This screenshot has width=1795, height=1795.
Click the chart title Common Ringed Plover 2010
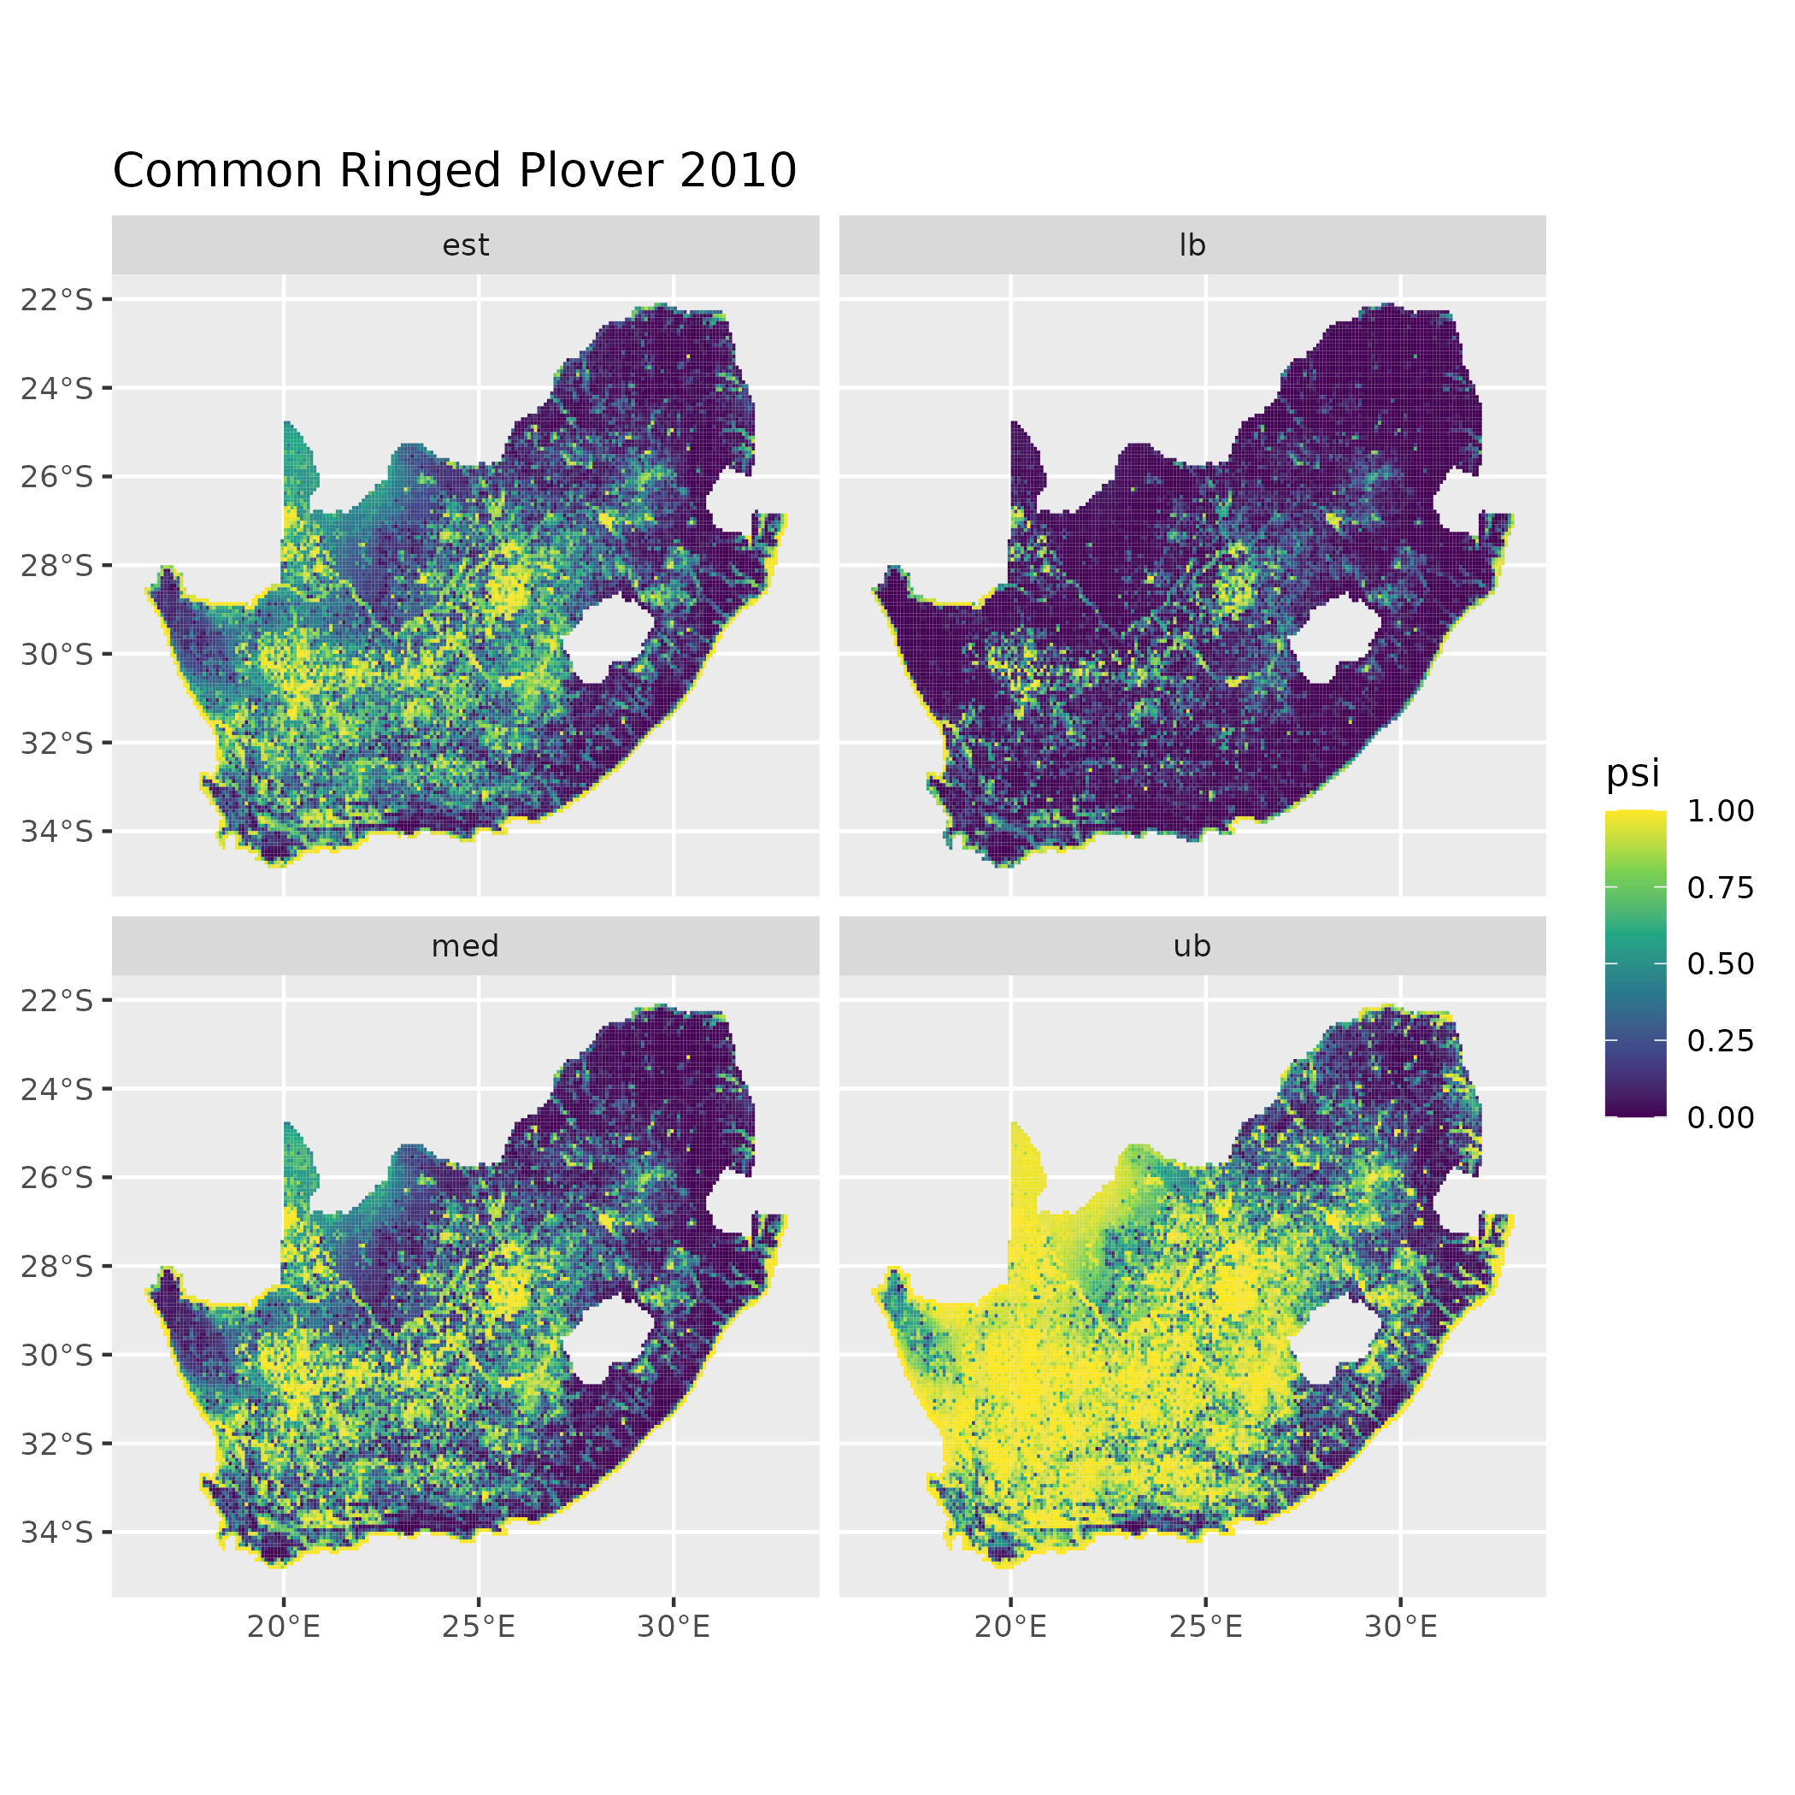click(455, 171)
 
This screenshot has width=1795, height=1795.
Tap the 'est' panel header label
click(466, 245)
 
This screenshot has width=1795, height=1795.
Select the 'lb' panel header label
click(1192, 245)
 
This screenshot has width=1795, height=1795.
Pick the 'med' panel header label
click(466, 946)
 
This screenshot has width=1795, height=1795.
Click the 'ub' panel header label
click(1192, 946)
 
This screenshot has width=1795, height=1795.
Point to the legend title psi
click(1633, 773)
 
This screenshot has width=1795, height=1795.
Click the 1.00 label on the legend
click(1721, 811)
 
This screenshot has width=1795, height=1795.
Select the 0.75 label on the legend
click(1721, 887)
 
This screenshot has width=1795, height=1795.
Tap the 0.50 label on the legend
click(1721, 963)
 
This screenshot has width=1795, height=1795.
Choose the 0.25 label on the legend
click(1721, 1040)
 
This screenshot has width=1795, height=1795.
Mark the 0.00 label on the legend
click(1721, 1117)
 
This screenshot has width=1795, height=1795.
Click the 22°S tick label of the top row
click(57, 299)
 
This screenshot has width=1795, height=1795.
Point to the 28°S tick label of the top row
click(57, 565)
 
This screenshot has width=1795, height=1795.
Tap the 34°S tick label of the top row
click(57, 831)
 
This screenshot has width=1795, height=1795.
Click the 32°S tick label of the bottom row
click(57, 1443)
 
